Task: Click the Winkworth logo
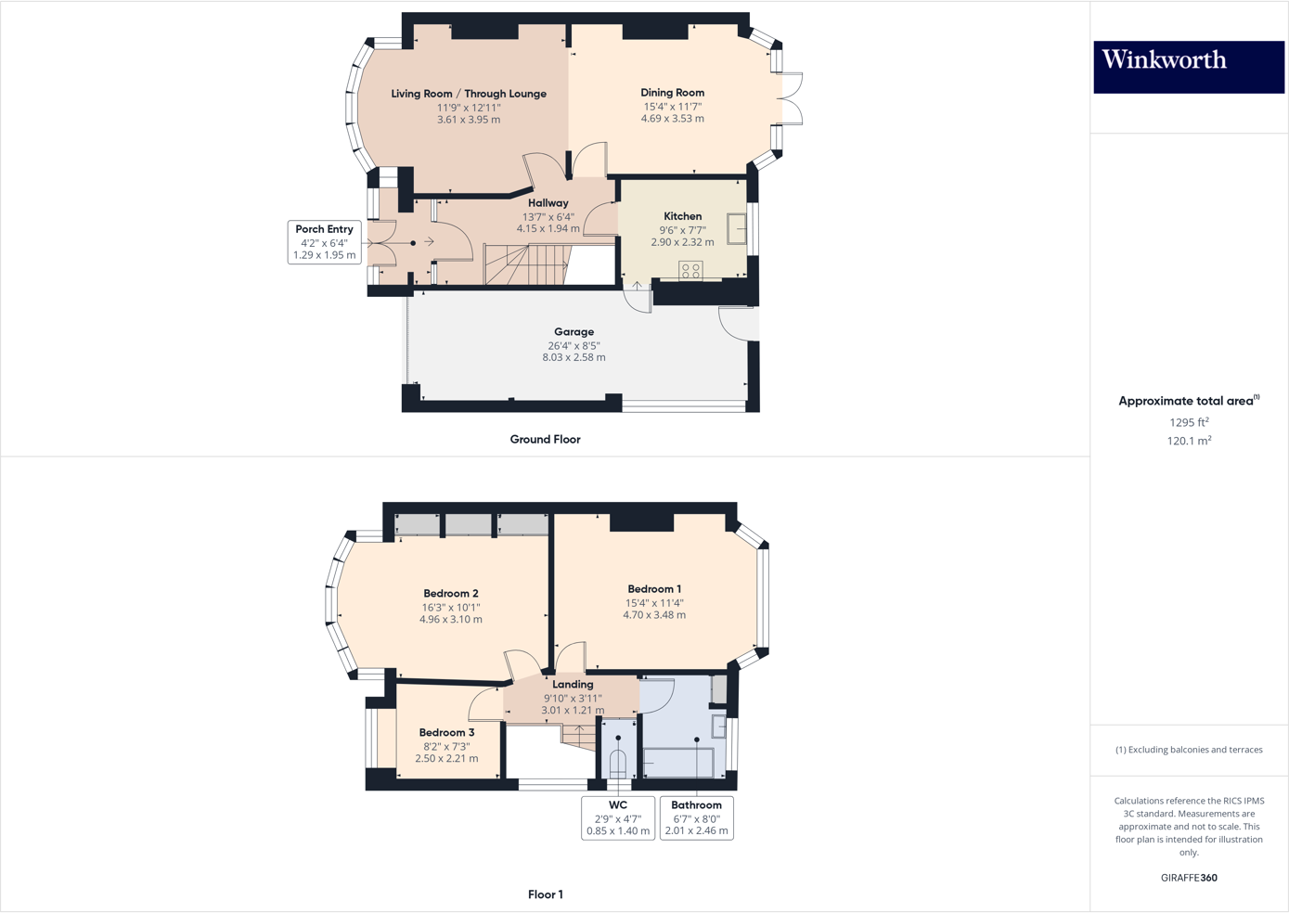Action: point(1188,66)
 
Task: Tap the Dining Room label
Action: point(672,93)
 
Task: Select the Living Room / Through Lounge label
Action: point(469,94)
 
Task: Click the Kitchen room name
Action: point(682,216)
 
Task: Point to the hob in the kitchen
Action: point(690,270)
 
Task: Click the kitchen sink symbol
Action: point(737,228)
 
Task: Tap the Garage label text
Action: point(574,331)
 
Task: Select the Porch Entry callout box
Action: point(324,242)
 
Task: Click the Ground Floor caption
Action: point(545,440)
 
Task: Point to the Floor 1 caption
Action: point(545,894)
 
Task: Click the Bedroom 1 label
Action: point(654,589)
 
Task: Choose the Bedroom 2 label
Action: point(451,594)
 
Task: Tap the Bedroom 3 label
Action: point(446,733)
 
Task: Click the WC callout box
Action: point(618,817)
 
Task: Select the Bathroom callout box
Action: point(696,817)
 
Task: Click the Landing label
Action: point(573,685)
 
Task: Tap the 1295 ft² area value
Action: point(1189,422)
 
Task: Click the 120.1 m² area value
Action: point(1189,442)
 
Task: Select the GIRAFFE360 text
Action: point(1189,878)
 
